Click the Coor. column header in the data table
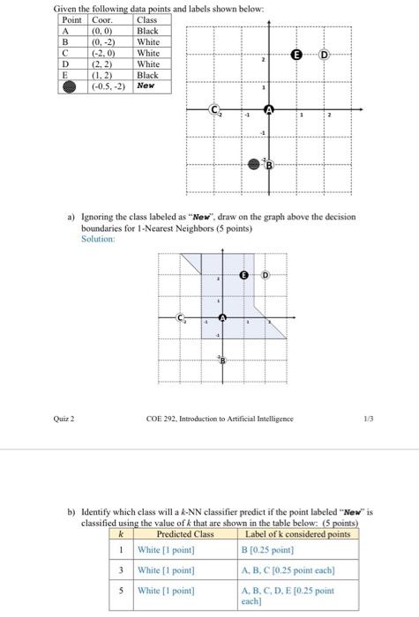coord(102,19)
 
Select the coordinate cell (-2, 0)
coord(105,53)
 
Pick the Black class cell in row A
coord(147,31)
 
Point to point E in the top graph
coord(297,55)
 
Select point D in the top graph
coord(325,55)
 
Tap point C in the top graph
coord(213,109)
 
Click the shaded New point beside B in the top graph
coord(255,164)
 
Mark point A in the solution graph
coord(222,317)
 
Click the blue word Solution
coord(97,236)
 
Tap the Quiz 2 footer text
coord(64,419)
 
